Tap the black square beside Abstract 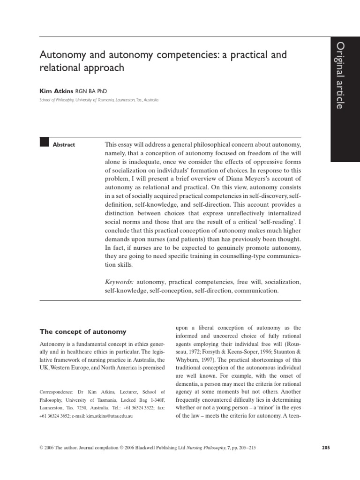(45, 143)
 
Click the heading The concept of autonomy (82, 332)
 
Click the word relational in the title (59, 68)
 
